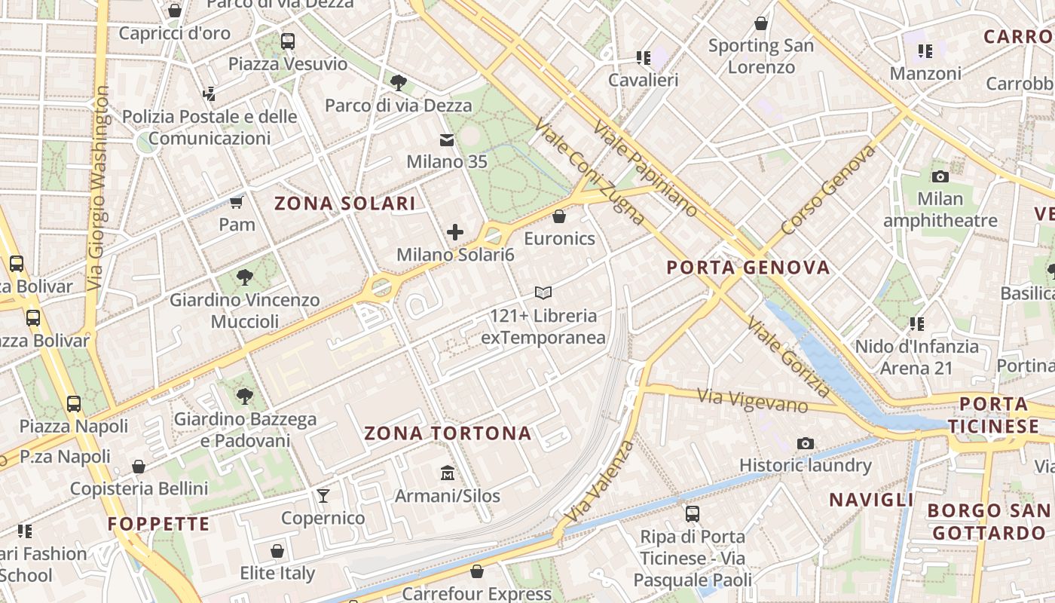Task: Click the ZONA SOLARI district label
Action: click(x=344, y=204)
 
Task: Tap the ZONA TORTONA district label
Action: click(x=448, y=433)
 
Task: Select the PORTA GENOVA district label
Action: click(x=748, y=268)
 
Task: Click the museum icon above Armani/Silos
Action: click(x=448, y=473)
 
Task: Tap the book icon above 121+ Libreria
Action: click(x=543, y=292)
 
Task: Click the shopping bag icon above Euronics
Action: click(x=559, y=216)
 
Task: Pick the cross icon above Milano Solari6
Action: click(x=455, y=232)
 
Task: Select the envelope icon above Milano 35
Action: click(x=447, y=139)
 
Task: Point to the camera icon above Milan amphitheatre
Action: click(x=940, y=176)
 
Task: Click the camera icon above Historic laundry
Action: click(x=806, y=443)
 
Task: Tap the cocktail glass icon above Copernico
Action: click(x=323, y=495)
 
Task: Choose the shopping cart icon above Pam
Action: click(x=237, y=202)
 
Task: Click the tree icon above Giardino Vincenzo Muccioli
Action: click(x=244, y=277)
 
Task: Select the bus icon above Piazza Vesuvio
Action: click(x=288, y=41)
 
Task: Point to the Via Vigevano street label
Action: click(x=751, y=400)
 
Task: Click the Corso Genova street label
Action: click(x=828, y=188)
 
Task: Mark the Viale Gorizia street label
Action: click(x=788, y=357)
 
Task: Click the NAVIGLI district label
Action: click(x=871, y=500)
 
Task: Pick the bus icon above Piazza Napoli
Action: click(x=73, y=403)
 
